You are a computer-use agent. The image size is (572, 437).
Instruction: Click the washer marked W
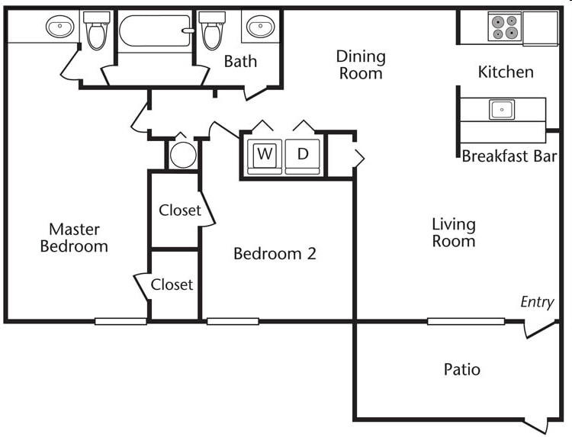pyautogui.click(x=265, y=156)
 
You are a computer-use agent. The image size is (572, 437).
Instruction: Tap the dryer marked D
pyautogui.click(x=303, y=156)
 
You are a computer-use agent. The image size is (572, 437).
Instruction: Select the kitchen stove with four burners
pyautogui.click(x=505, y=27)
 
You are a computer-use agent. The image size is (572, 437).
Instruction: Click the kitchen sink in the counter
pyautogui.click(x=502, y=109)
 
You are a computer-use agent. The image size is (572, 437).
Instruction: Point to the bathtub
pyautogui.click(x=156, y=31)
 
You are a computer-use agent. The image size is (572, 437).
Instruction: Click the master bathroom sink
pyautogui.click(x=59, y=26)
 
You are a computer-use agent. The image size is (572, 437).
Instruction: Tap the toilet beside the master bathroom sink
pyautogui.click(x=97, y=31)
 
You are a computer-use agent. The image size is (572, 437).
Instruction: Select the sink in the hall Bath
pyautogui.click(x=261, y=26)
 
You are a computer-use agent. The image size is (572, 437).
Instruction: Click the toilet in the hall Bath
pyautogui.click(x=213, y=31)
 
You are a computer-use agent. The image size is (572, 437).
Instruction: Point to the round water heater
pyautogui.click(x=183, y=155)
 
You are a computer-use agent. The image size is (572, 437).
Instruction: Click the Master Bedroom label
pyautogui.click(x=74, y=238)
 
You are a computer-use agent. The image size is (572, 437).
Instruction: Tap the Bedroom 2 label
pyautogui.click(x=275, y=253)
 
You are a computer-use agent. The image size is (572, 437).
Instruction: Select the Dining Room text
pyautogui.click(x=361, y=65)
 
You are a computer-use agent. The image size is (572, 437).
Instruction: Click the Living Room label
pyautogui.click(x=454, y=233)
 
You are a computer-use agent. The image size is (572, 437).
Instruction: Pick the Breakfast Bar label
pyautogui.click(x=509, y=156)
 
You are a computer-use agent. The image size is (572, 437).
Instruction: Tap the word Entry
pyautogui.click(x=537, y=303)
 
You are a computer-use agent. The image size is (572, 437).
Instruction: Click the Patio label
pyautogui.click(x=462, y=370)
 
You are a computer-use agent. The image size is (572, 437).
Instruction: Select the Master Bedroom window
pyautogui.click(x=121, y=321)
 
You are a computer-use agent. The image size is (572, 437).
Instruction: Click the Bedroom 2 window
pyautogui.click(x=233, y=321)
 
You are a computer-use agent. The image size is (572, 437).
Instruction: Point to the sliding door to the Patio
pyautogui.click(x=466, y=321)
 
